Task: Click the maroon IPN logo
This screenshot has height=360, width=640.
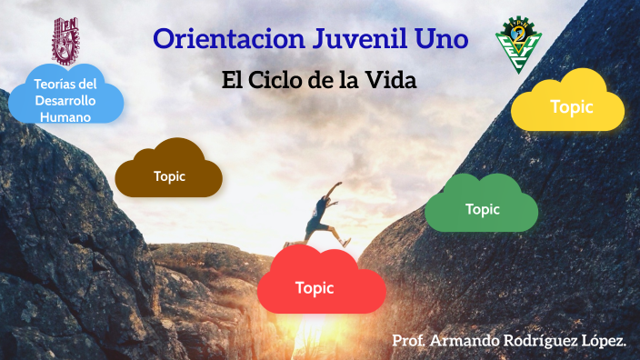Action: click(66, 41)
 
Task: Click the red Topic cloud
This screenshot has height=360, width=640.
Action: click(315, 287)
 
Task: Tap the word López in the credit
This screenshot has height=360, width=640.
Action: click(605, 340)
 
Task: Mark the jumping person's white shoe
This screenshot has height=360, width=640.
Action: click(346, 243)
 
